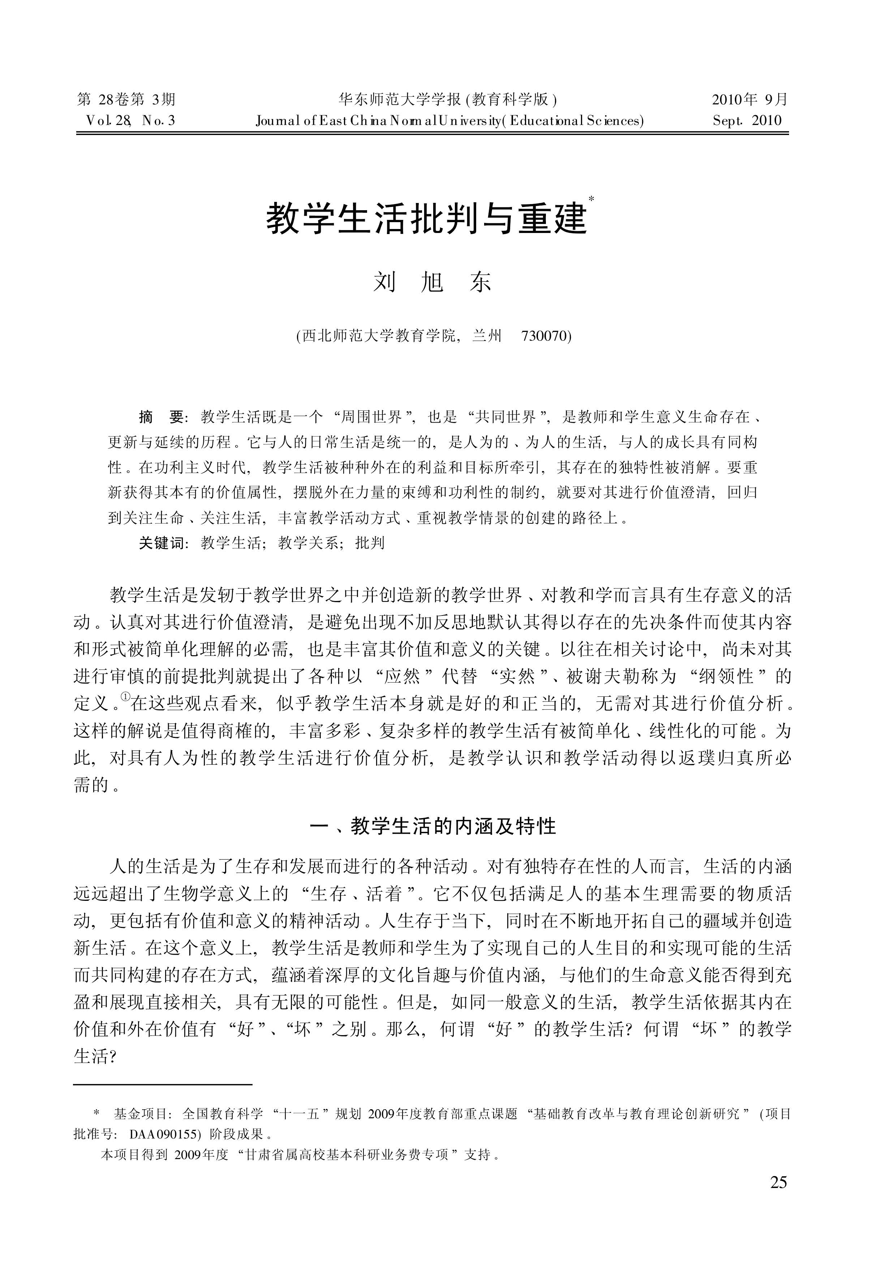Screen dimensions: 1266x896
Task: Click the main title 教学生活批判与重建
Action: pos(426,219)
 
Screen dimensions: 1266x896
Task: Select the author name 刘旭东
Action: pos(432,283)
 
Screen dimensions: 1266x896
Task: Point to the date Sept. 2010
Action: pos(747,121)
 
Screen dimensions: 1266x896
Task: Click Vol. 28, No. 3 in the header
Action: pos(131,121)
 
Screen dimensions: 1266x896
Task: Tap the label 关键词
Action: pos(161,543)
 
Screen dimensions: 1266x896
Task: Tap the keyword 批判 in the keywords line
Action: pos(370,543)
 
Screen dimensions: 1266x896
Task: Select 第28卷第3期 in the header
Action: pos(126,100)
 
